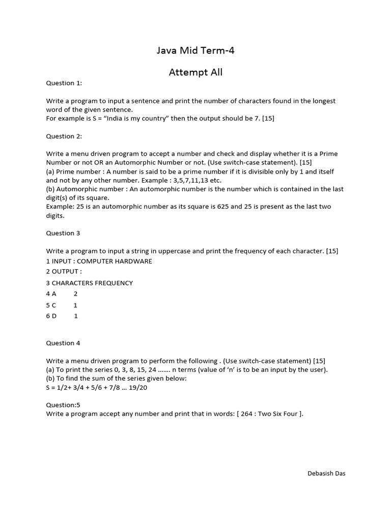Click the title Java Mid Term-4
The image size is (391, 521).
[195, 50]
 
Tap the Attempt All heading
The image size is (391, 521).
[195, 72]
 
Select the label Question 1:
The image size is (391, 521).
[64, 83]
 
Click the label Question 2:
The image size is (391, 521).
[64, 136]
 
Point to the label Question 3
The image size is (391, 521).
[63, 233]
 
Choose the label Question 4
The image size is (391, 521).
[63, 343]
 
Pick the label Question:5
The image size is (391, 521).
[63, 405]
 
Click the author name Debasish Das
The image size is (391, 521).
[326, 473]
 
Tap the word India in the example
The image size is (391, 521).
[115, 119]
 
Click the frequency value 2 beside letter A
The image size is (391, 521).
[76, 294]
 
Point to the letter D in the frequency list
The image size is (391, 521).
[54, 316]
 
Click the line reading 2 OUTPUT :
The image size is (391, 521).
[64, 272]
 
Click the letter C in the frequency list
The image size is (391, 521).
[54, 305]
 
